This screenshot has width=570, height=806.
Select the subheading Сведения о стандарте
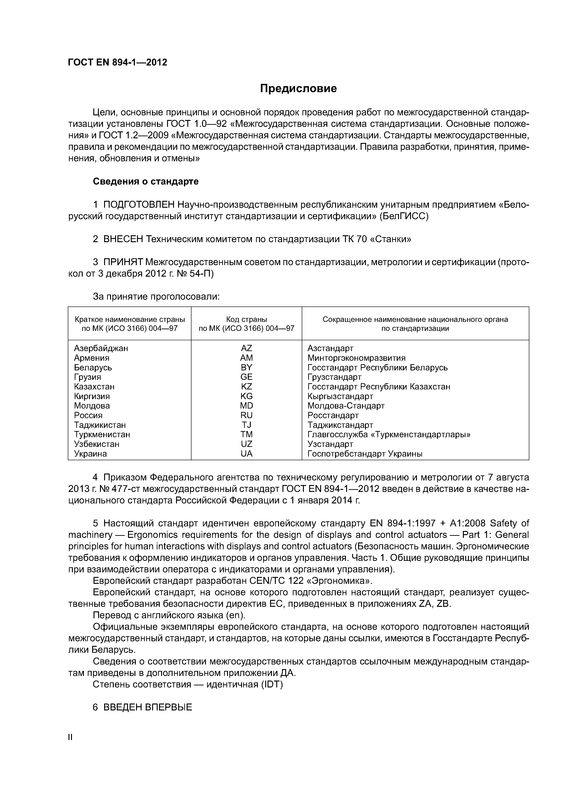coord(145,182)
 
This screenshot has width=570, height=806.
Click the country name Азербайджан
coord(101,348)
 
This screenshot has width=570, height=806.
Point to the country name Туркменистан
coord(102,435)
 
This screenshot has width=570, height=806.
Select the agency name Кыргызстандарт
coord(340,396)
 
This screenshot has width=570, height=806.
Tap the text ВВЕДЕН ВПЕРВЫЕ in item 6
coord(148,707)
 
